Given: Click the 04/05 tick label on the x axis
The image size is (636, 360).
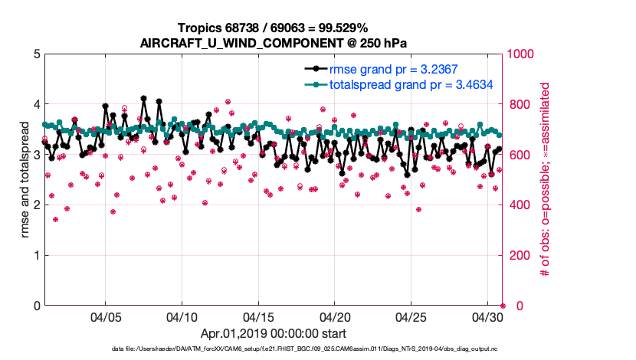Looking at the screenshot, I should click(106, 316).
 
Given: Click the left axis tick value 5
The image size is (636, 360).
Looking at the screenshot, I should click(37, 54).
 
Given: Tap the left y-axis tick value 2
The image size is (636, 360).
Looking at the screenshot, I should click(37, 205).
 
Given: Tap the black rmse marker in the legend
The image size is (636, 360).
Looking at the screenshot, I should click(313, 70).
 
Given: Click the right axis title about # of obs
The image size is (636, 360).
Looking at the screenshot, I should click(546, 180).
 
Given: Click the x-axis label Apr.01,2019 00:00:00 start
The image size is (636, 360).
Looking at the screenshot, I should click(273, 333).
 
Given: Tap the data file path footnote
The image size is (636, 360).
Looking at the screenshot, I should click(273, 350).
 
